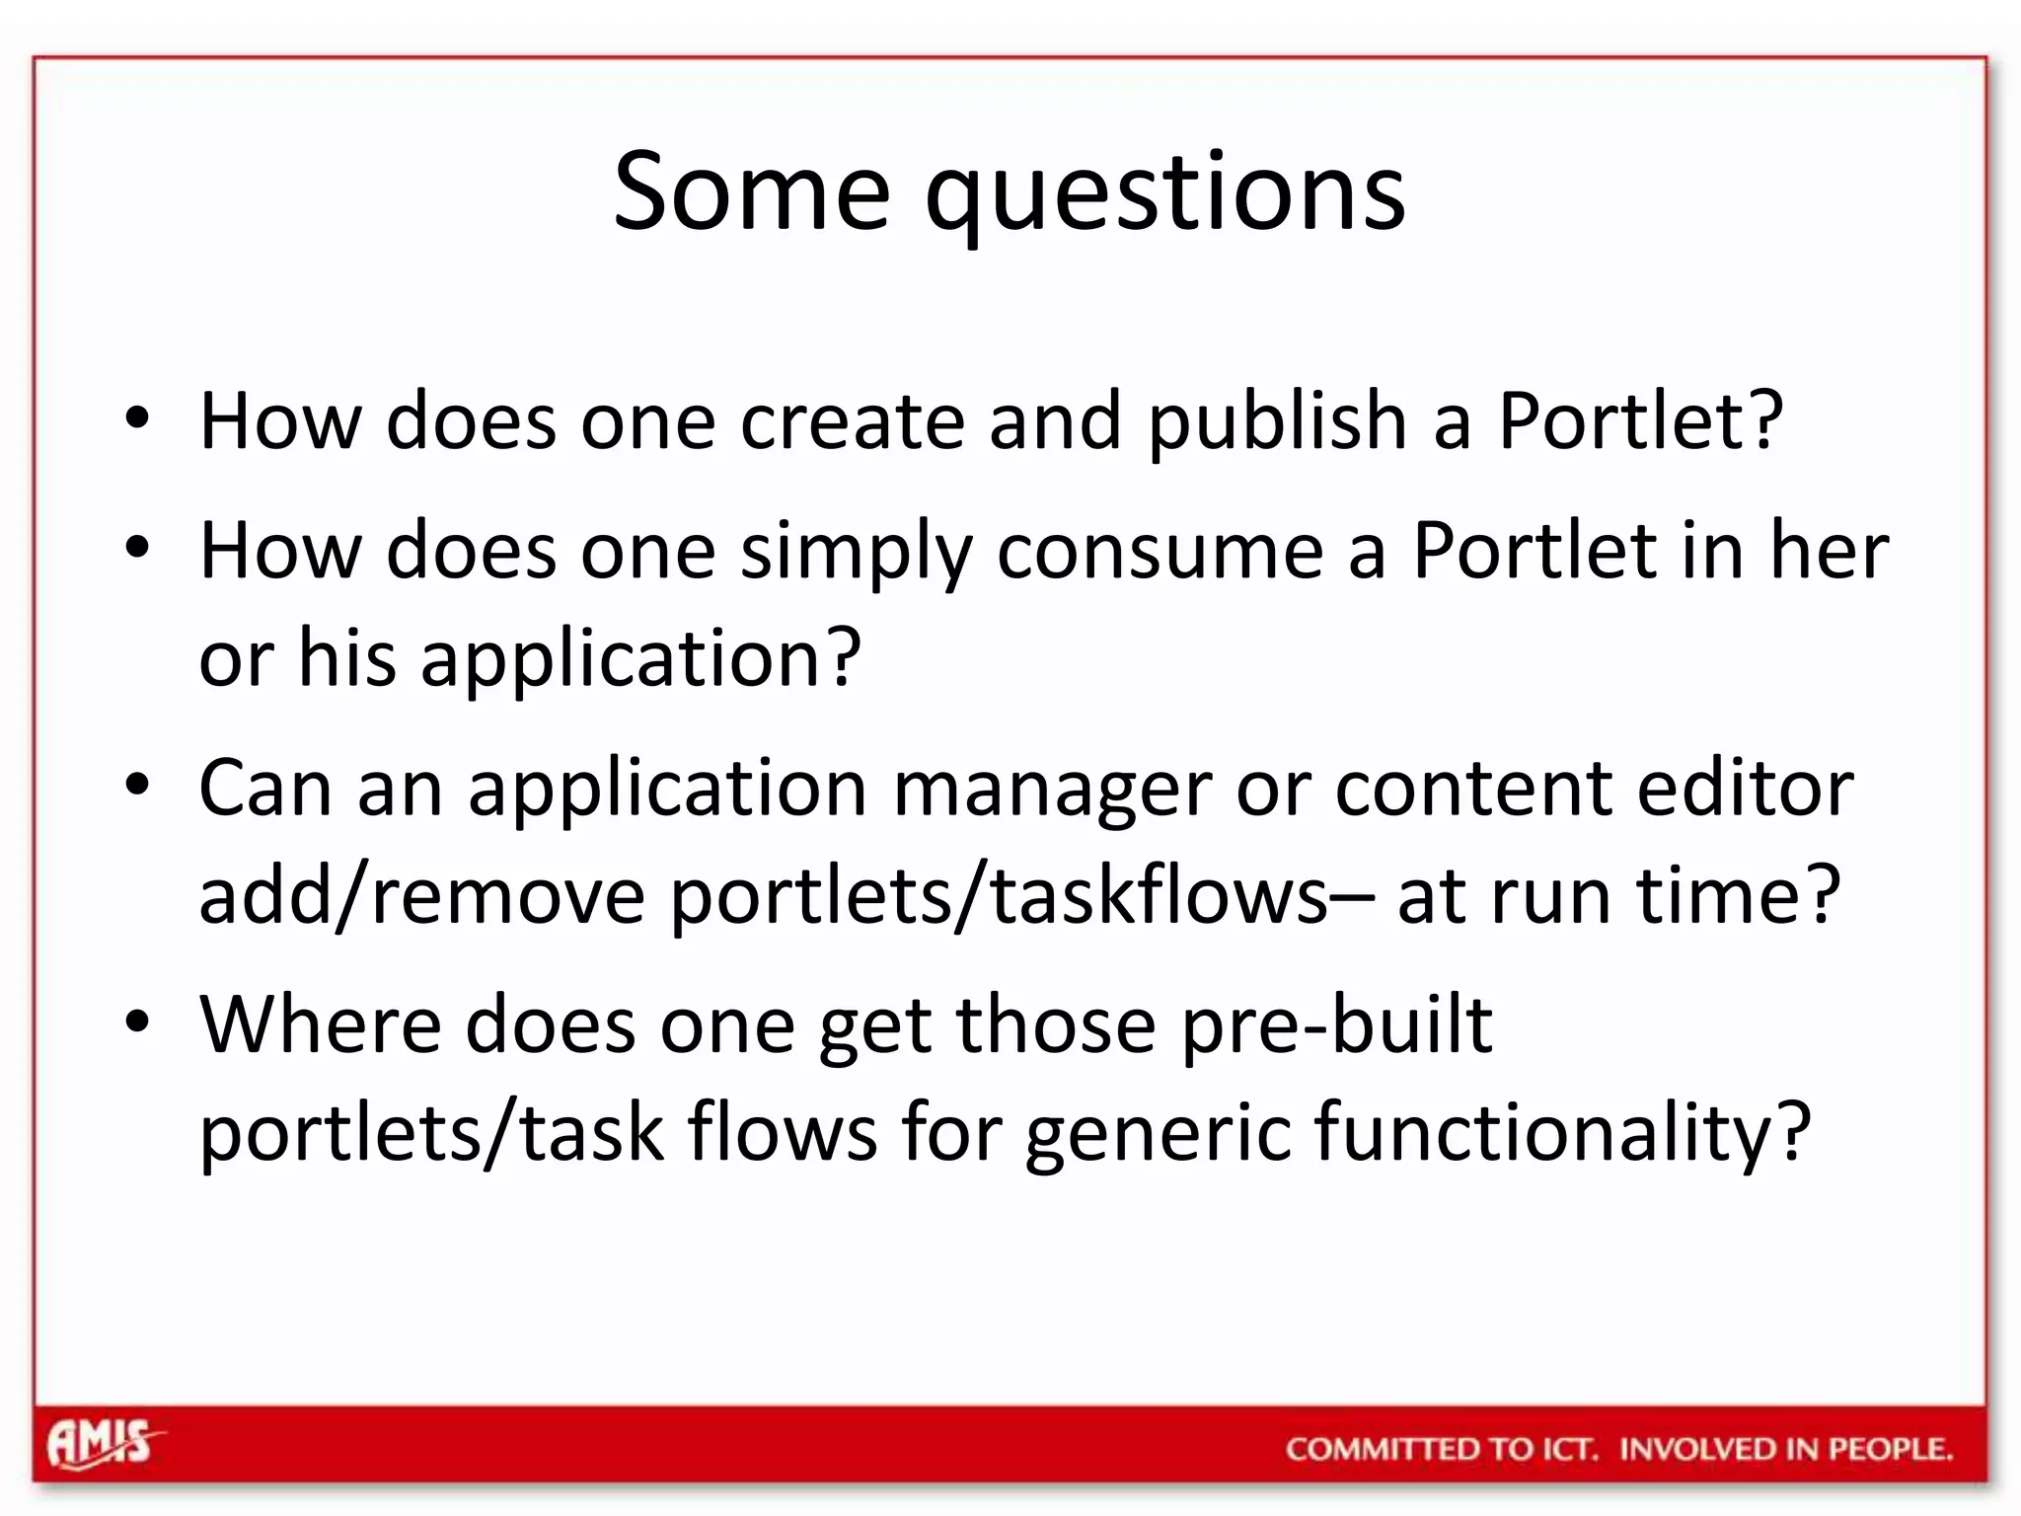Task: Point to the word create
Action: pos(852,421)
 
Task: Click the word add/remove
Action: pos(421,895)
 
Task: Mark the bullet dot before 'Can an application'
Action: pos(137,786)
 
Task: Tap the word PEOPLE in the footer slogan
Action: pos(1889,1449)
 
